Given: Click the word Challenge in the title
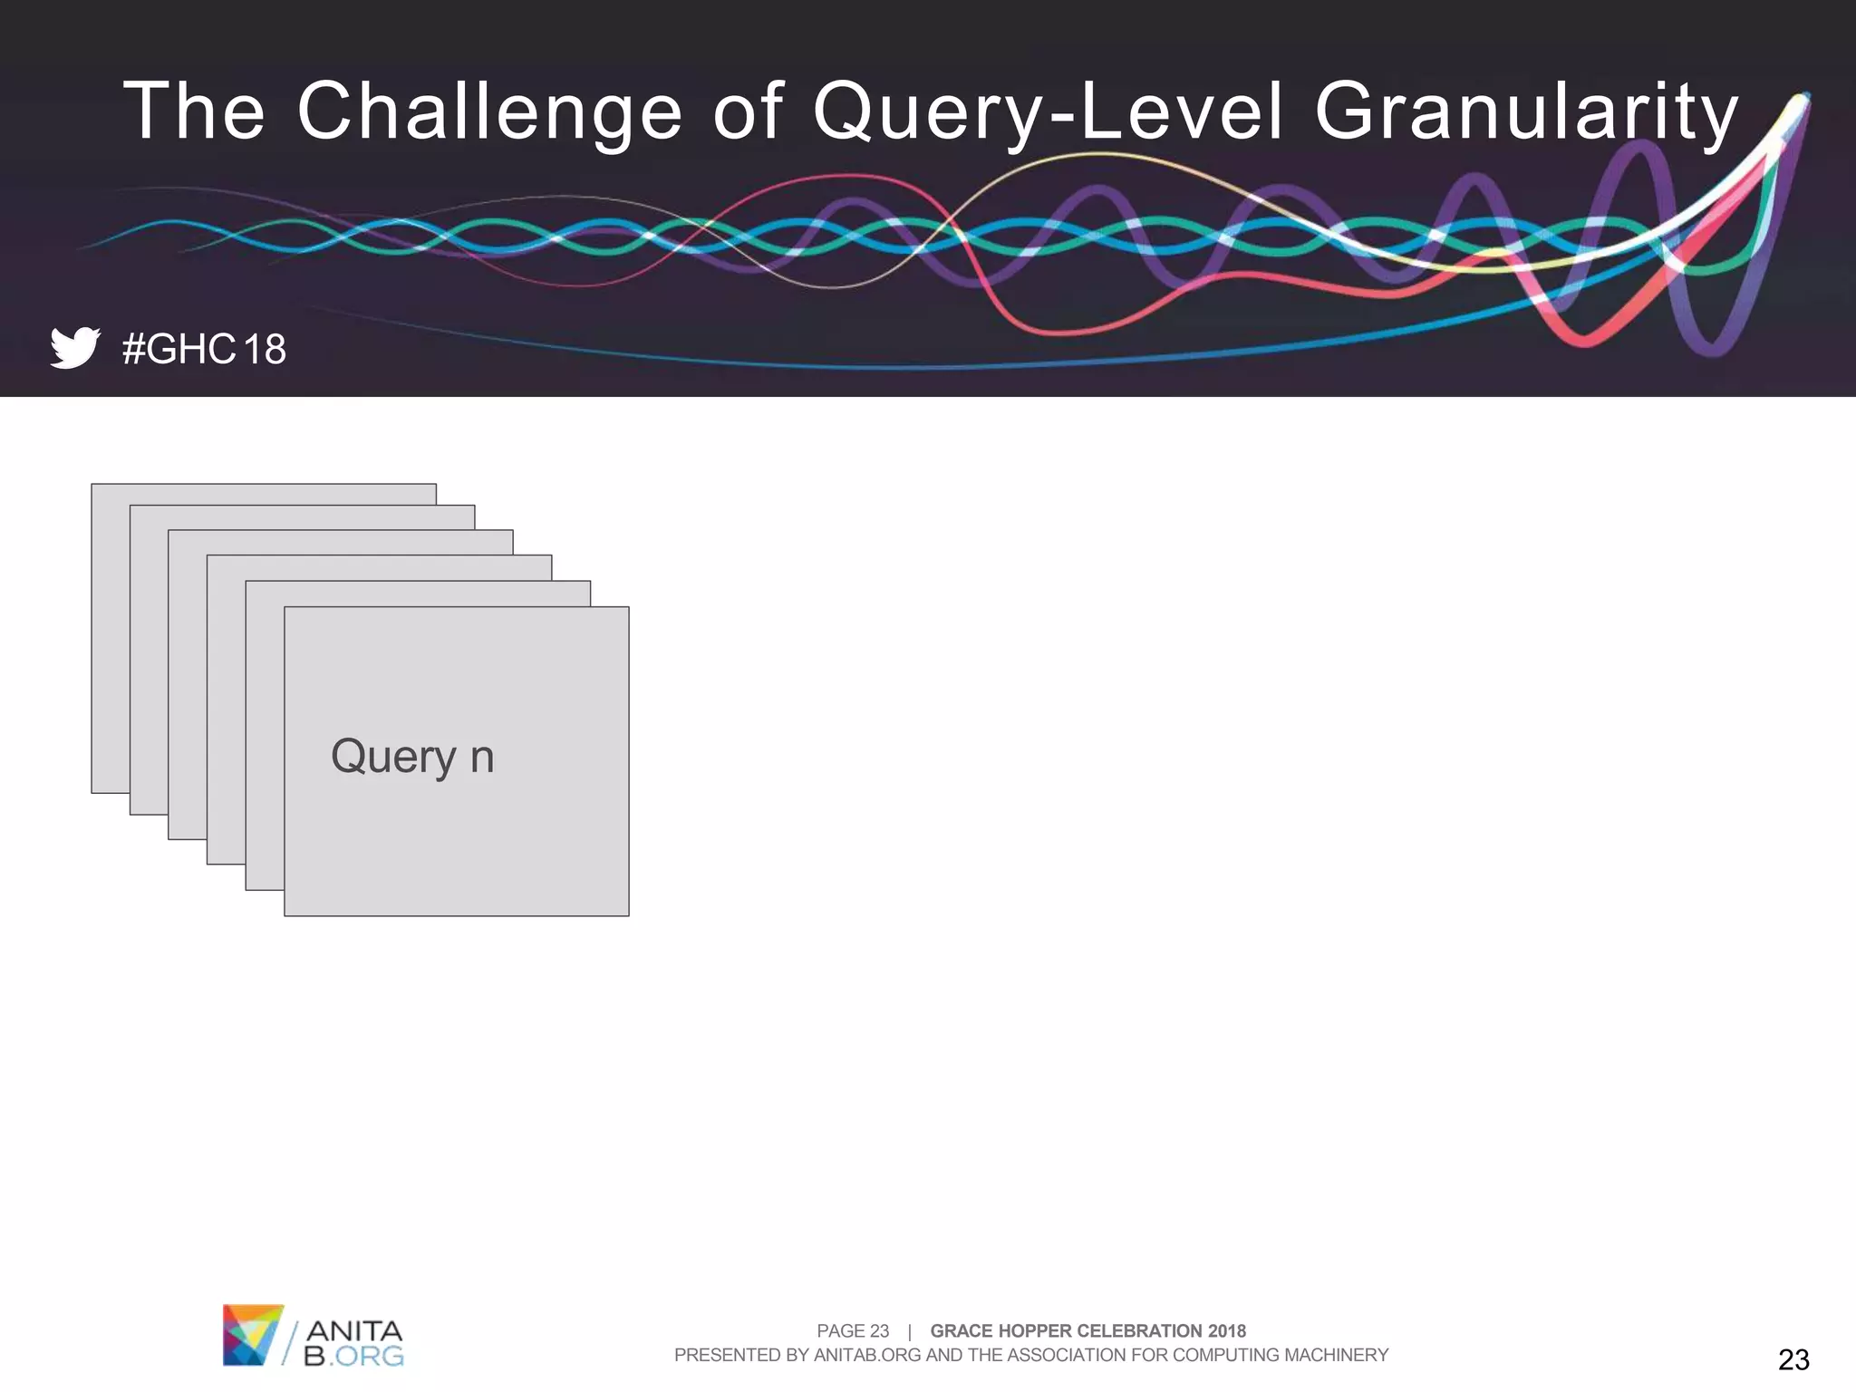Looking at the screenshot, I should (x=489, y=111).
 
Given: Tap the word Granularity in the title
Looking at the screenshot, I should (x=1526, y=111).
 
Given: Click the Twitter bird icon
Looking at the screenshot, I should (x=74, y=348).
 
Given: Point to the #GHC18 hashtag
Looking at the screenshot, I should (x=204, y=349).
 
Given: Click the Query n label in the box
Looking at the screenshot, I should (x=412, y=756).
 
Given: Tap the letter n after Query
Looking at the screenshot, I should (x=482, y=758).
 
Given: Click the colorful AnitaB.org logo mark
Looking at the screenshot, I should (x=253, y=1334).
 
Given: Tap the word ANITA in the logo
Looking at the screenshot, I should (x=354, y=1330).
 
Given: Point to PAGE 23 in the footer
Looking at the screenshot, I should (x=853, y=1330).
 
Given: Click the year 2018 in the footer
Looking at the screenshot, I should (x=1226, y=1330).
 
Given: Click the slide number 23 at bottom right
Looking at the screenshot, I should (x=1793, y=1359).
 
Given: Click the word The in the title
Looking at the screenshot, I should (x=194, y=111).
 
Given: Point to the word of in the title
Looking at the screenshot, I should (x=748, y=111).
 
